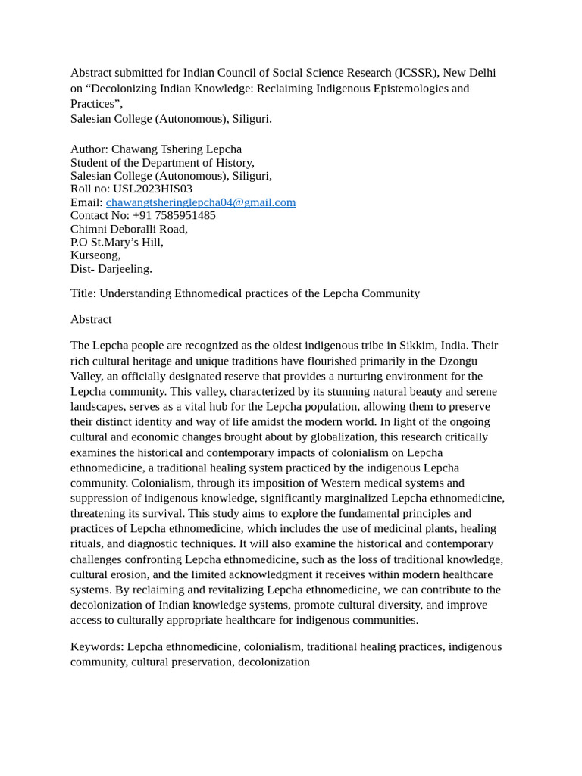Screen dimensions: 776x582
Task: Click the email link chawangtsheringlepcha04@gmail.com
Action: click(x=201, y=202)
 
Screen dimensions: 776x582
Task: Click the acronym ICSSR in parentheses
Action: click(x=416, y=73)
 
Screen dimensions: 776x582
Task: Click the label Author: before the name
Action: click(x=89, y=149)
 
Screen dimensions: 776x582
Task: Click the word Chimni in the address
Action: click(x=89, y=229)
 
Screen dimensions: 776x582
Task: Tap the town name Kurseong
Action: click(x=94, y=255)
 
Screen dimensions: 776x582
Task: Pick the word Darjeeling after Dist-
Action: click(x=125, y=268)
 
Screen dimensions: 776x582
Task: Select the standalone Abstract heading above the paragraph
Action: click(x=91, y=319)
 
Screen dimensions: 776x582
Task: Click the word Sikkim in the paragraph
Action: click(x=416, y=346)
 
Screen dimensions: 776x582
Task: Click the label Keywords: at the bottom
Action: click(x=97, y=646)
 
